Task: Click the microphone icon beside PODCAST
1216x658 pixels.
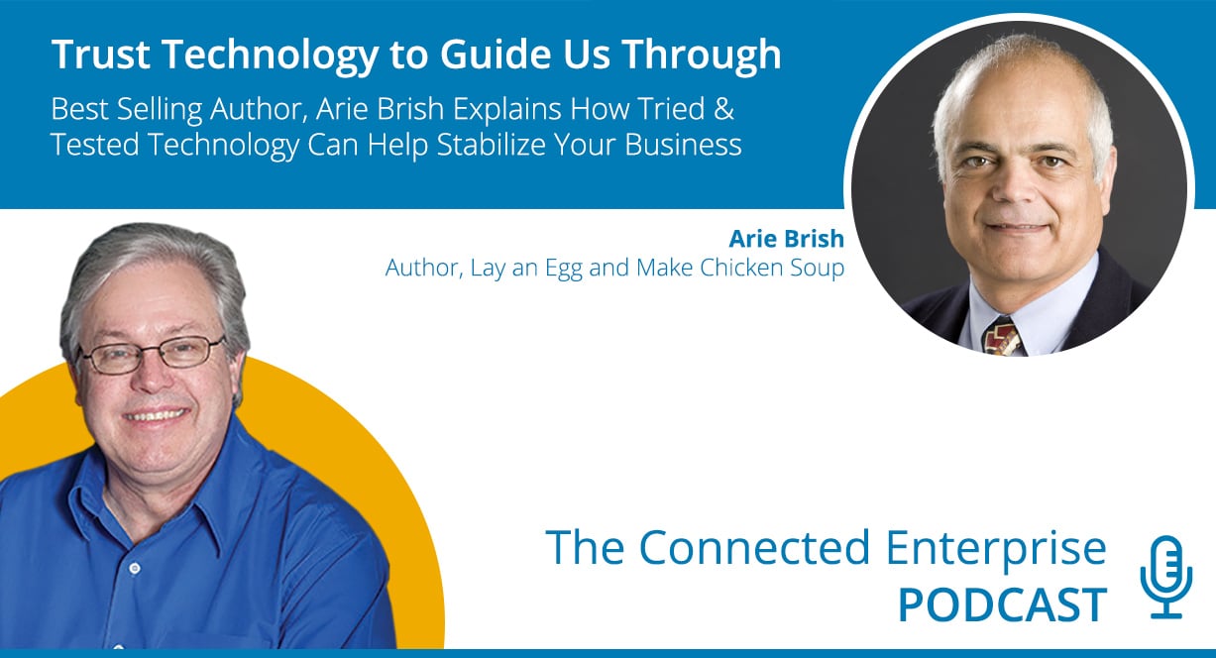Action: [x=1166, y=577]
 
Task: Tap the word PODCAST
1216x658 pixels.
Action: [x=1003, y=604]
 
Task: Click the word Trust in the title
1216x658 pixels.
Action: [x=101, y=55]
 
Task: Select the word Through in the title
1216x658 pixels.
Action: [x=702, y=55]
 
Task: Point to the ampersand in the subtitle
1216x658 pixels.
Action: [x=723, y=109]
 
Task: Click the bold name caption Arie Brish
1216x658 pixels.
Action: [x=786, y=239]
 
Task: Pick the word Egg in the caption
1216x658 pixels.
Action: [x=565, y=269]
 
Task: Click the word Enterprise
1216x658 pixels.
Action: [x=996, y=549]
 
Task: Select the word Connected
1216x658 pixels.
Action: [x=755, y=547]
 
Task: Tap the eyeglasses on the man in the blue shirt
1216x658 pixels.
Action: [x=151, y=354]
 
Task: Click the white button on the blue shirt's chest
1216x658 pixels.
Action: [x=135, y=569]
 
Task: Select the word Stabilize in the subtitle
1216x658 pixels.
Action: [x=491, y=145]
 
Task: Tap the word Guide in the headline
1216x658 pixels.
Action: [x=495, y=55]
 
